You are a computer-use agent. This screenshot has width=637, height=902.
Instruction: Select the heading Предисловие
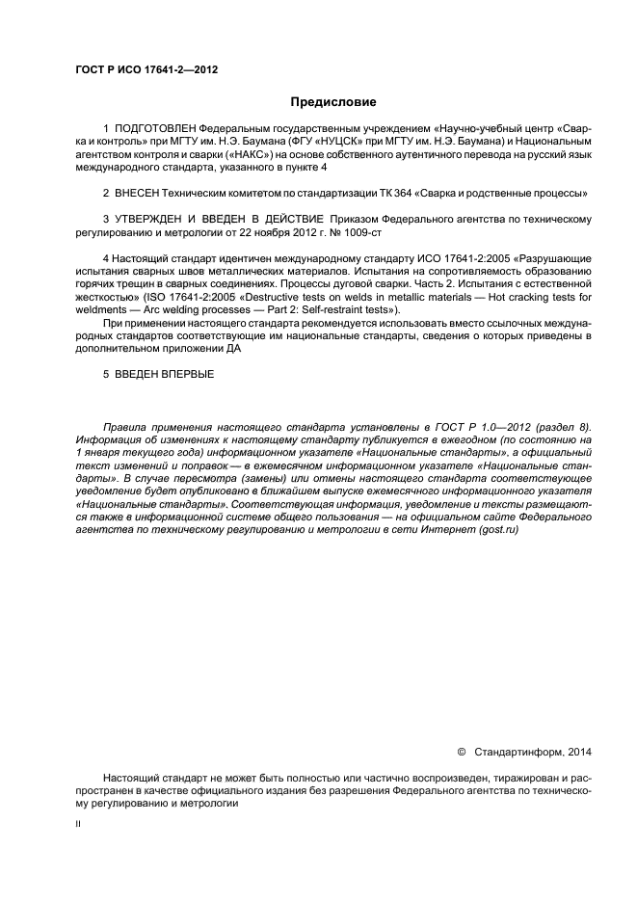[334, 101]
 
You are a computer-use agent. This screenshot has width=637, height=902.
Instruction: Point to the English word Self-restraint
[324, 311]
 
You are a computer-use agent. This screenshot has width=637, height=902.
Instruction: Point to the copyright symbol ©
[462, 751]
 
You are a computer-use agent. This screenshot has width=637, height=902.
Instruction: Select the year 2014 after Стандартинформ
[575, 751]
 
